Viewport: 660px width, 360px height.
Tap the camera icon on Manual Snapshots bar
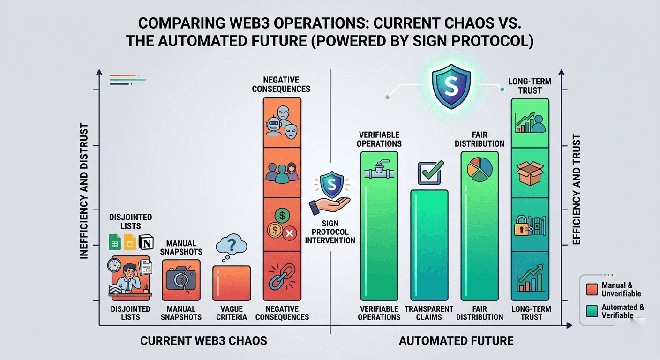[x=181, y=280]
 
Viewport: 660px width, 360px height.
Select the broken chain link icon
[x=282, y=277]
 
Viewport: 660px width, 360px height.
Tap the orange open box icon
[x=530, y=173]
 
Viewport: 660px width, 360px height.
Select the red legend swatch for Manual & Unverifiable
[x=592, y=289]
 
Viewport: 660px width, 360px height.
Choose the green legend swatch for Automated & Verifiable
[x=592, y=311]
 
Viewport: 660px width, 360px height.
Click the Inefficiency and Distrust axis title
[x=84, y=191]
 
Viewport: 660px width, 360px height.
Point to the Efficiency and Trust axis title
[x=576, y=189]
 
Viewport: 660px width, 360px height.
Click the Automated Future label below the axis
[x=456, y=341]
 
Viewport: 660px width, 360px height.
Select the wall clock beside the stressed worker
[x=114, y=265]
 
